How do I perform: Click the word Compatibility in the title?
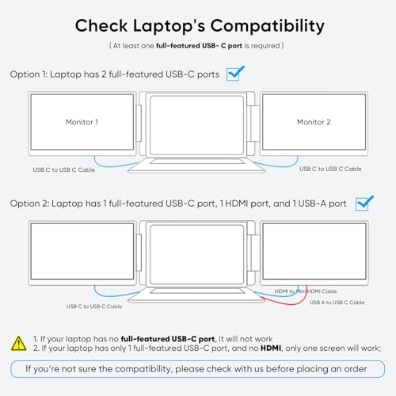coord(267,26)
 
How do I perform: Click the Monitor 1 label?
coord(82,122)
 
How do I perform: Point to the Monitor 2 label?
coord(314,122)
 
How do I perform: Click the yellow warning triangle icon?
coord(19,344)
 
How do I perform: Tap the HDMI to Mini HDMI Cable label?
coord(306,291)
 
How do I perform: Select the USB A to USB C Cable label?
coord(337,303)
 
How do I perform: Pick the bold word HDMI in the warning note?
coord(271,348)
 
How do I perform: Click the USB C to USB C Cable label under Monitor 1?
coord(64,169)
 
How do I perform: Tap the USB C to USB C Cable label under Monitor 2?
coord(330,169)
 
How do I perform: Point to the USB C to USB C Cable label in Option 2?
coord(94,307)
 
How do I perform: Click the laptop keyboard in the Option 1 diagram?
coord(197,161)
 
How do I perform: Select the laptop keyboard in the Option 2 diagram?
coord(197,291)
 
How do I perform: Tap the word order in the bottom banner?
coord(356,369)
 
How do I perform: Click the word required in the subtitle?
coord(265,46)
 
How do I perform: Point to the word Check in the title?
coord(101,26)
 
